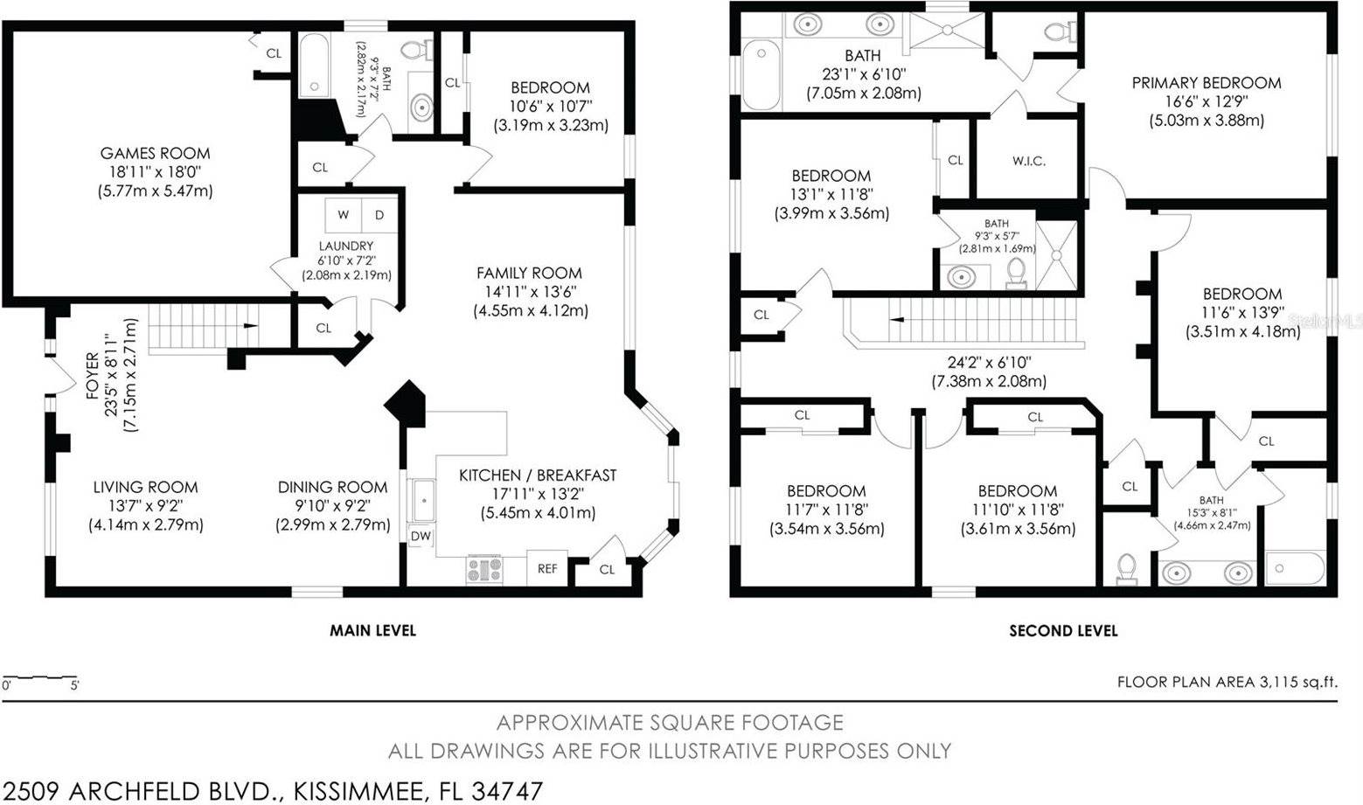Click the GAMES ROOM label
[155, 154]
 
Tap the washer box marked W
[343, 215]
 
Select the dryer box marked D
[379, 215]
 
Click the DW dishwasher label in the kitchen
[421, 536]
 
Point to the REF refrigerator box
[547, 569]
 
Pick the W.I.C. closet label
[1029, 161]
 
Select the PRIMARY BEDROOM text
[1207, 83]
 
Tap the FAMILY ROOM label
[529, 273]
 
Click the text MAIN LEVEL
[372, 630]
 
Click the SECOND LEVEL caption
[1063, 630]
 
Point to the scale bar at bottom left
[39, 679]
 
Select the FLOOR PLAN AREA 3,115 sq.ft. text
[1227, 682]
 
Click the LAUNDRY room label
[346, 246]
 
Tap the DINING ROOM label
[332, 487]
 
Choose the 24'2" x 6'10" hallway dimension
[988, 361]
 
